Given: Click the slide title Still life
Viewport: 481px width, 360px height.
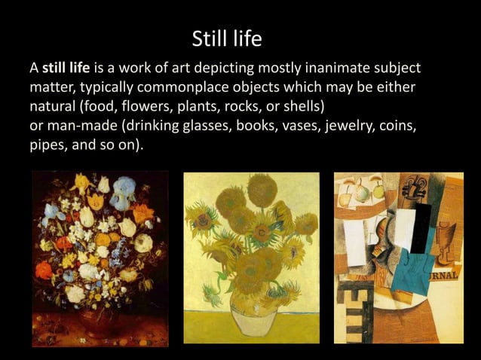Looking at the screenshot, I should click(226, 38).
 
